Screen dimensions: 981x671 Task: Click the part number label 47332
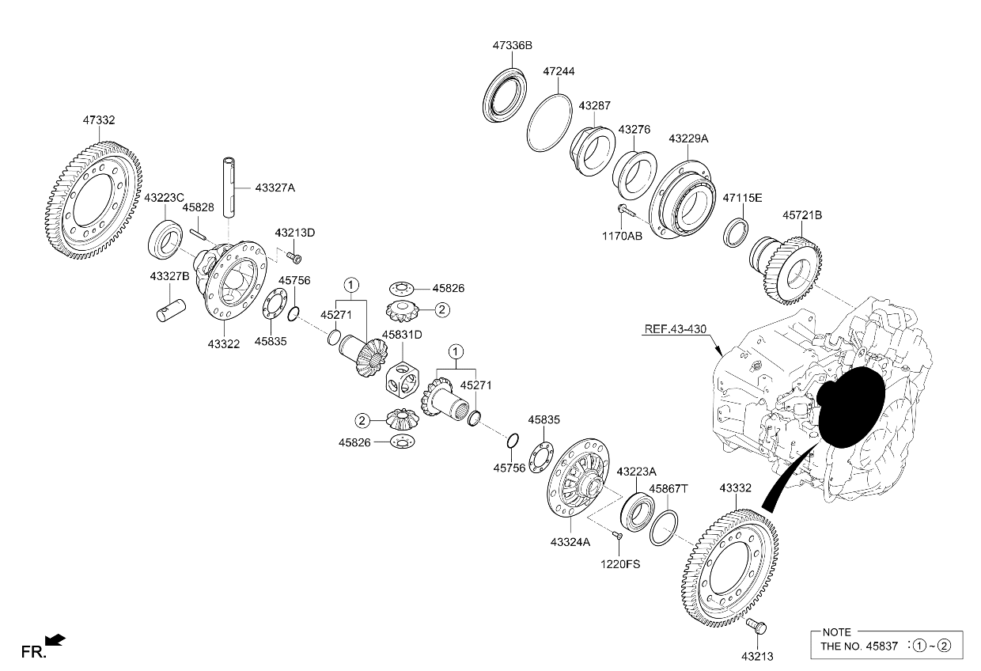pyautogui.click(x=99, y=120)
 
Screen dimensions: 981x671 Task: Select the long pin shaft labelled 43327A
pyautogui.click(x=230, y=187)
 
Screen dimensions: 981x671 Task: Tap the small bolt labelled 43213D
pyautogui.click(x=294, y=257)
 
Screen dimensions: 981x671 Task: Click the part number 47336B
pyautogui.click(x=513, y=46)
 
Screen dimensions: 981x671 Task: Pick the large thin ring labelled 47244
pyautogui.click(x=549, y=123)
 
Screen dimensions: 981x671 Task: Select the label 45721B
pyautogui.click(x=802, y=215)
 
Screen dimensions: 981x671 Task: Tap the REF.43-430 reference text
pyautogui.click(x=676, y=329)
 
